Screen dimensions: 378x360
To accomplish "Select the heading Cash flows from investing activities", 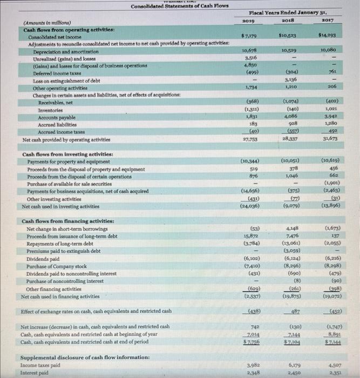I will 65,154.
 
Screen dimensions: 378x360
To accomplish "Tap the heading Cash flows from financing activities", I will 65,221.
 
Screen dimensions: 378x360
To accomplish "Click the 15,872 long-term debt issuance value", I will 249,236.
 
